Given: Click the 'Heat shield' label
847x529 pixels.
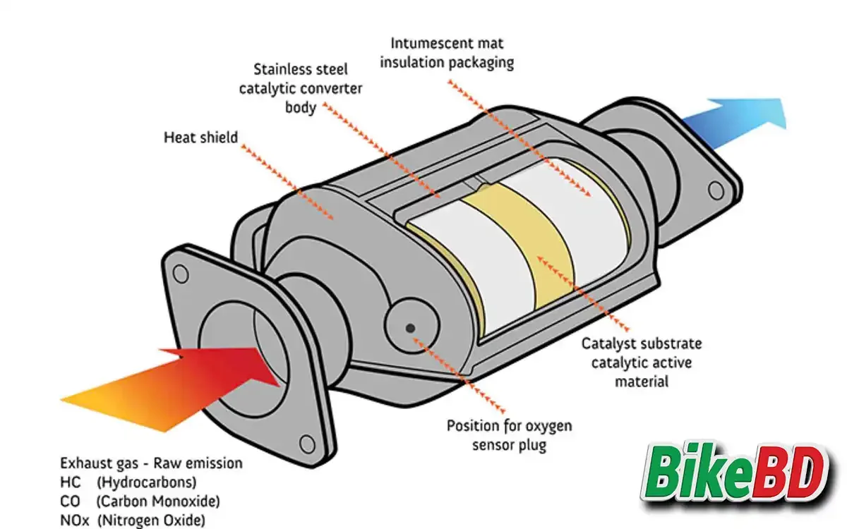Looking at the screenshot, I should [201, 137].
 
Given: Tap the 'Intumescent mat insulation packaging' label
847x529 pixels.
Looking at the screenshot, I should [447, 52].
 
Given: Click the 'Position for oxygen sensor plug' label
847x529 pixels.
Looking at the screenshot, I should [509, 435].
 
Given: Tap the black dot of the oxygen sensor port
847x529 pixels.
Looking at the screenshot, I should [410, 327].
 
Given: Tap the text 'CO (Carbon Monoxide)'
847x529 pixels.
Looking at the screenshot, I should [140, 501].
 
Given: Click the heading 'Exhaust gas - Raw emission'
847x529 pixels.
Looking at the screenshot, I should [151, 463].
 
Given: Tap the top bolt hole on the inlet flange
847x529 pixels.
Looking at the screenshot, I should [181, 272].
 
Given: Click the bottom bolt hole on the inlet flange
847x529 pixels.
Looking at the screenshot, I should [306, 444].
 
